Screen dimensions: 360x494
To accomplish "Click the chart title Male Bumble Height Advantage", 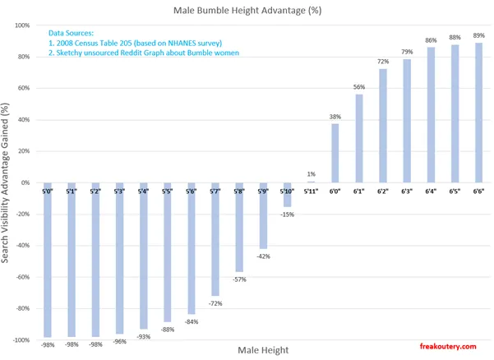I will (247, 11).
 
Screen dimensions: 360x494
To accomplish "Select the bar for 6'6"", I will (478, 113).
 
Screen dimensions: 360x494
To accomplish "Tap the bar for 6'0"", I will (335, 153).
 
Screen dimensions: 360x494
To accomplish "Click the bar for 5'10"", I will (288, 195).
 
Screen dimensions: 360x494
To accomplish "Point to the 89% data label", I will (478, 36).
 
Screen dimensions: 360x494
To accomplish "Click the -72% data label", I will (216, 303).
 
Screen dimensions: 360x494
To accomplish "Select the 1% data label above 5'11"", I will (312, 174).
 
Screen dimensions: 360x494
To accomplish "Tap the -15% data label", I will (288, 215).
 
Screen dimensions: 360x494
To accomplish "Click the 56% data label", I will (359, 87).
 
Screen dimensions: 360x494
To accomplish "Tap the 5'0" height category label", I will (48, 192).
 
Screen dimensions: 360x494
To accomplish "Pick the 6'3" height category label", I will (407, 192).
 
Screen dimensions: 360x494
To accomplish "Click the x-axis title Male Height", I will (263, 350).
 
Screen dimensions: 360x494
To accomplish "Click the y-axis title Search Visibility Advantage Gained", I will (7, 182).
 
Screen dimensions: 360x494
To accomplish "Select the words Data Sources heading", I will (73, 32).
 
